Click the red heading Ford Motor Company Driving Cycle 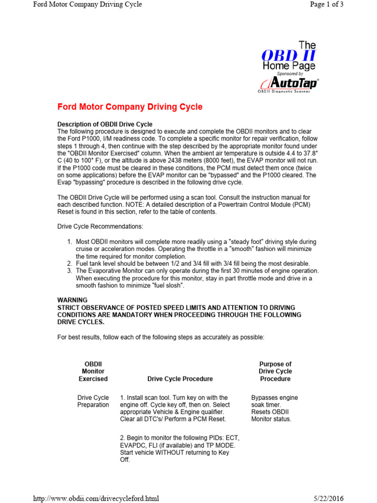[x=130, y=107]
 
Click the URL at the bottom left [x=96, y=498]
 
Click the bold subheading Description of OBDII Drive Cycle [x=105, y=124]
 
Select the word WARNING [x=73, y=300]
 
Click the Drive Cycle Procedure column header [x=180, y=379]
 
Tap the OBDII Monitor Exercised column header [x=93, y=371]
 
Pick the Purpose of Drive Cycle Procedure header [x=275, y=371]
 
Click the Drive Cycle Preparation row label [x=93, y=401]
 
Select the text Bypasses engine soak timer [x=274, y=401]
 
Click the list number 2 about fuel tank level [x=70, y=264]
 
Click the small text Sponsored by [x=291, y=73]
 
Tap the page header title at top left [x=87, y=4]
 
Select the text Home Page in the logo [x=289, y=65]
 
